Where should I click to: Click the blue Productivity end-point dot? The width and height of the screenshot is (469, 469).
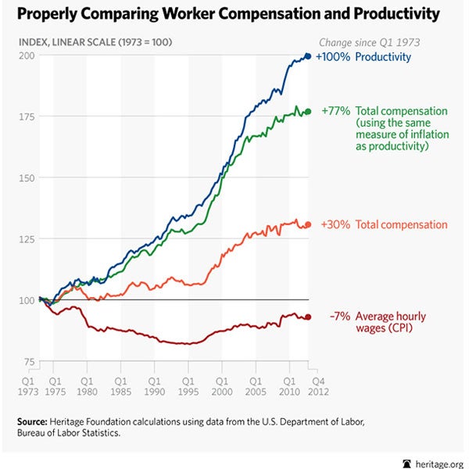(x=307, y=56)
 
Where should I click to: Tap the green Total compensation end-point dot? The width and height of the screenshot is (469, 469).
(x=307, y=112)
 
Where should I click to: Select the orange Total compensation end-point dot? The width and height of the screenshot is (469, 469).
(x=307, y=225)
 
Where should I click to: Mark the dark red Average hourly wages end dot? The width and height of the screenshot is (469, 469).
(x=307, y=317)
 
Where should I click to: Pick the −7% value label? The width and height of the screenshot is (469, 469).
(x=338, y=316)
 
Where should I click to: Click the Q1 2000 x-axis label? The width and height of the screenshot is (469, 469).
(x=222, y=382)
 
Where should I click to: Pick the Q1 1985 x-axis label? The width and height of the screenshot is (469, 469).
(x=120, y=382)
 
